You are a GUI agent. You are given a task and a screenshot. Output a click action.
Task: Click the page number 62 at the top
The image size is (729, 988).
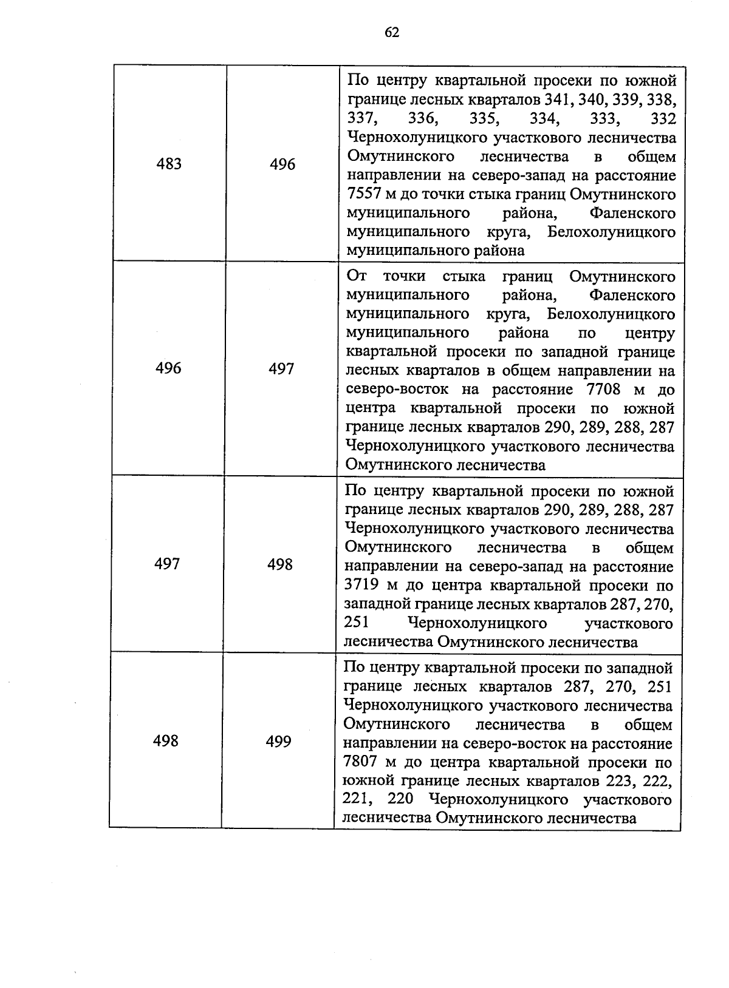[x=392, y=32]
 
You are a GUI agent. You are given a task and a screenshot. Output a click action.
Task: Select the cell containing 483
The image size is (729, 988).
[x=169, y=164]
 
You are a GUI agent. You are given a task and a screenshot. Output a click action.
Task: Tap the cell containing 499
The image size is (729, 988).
[x=278, y=742]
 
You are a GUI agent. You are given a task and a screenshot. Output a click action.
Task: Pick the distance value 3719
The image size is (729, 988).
[x=358, y=586]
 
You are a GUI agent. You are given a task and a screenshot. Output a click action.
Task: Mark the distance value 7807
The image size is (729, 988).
[x=358, y=762]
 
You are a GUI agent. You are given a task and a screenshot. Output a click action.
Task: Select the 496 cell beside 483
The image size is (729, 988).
[x=282, y=164]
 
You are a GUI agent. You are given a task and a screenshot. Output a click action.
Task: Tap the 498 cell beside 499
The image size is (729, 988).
[x=166, y=741]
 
